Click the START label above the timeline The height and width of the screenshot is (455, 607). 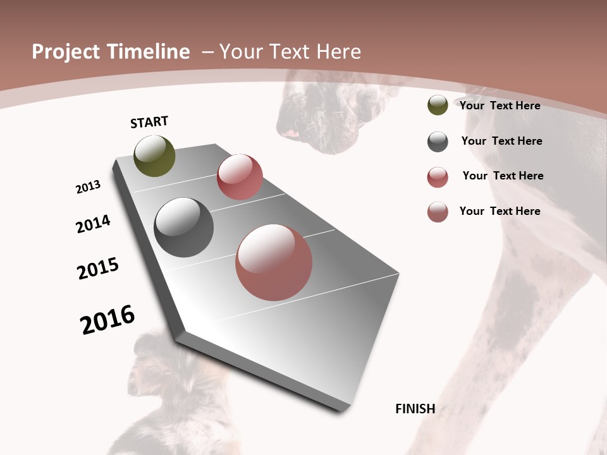click(x=149, y=122)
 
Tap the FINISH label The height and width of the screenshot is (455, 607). click(x=415, y=409)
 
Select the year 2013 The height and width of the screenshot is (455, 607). click(x=88, y=187)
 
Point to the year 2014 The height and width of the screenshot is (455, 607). click(x=94, y=224)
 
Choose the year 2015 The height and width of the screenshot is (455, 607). click(x=98, y=269)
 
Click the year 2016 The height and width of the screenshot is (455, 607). click(x=107, y=320)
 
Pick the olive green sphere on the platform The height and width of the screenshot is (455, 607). click(x=154, y=155)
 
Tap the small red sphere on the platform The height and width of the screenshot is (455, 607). click(x=240, y=177)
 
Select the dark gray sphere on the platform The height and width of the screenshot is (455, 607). click(x=183, y=227)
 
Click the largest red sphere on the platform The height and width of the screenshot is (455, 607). click(x=274, y=262)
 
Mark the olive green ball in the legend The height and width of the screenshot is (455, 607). click(x=438, y=105)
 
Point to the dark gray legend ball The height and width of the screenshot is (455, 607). click(x=438, y=142)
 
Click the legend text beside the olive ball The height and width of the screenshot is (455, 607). click(x=500, y=106)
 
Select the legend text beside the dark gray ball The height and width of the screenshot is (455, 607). click(x=501, y=141)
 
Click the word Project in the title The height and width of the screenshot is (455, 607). click(x=65, y=52)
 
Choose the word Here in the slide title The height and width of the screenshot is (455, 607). click(x=337, y=52)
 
